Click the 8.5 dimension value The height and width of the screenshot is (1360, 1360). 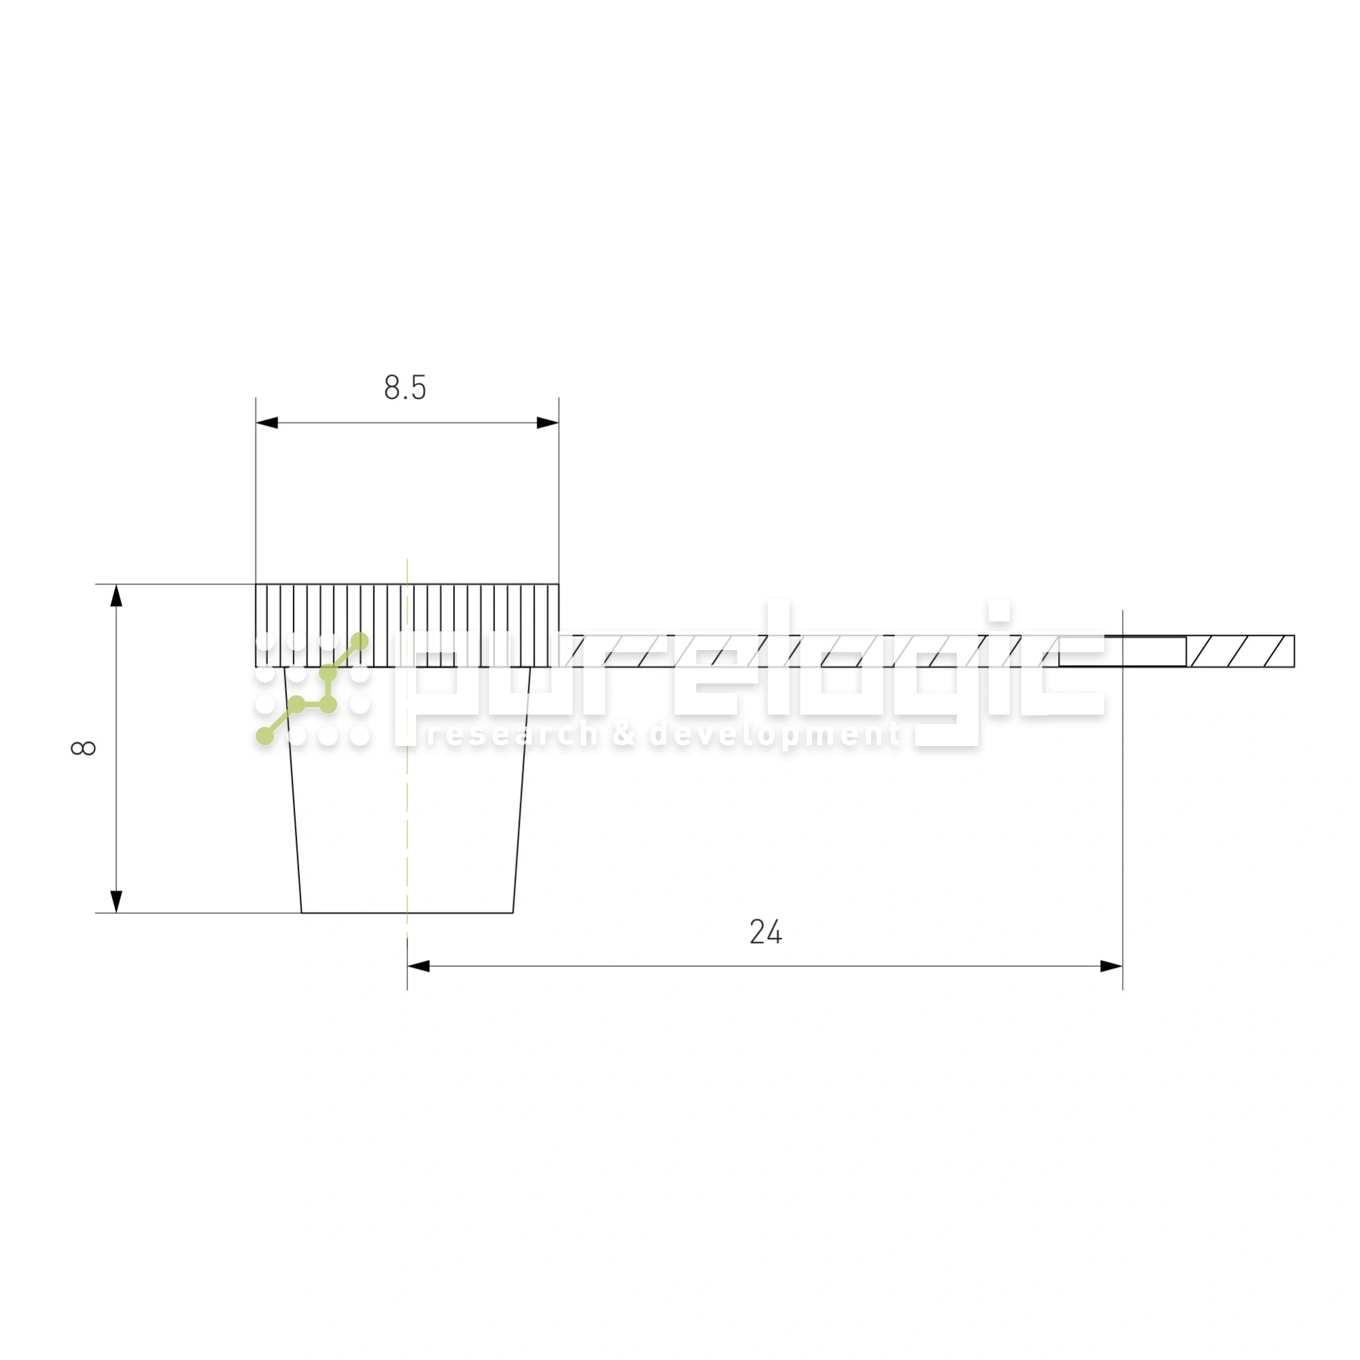point(405,388)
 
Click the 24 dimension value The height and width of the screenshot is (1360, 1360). point(765,932)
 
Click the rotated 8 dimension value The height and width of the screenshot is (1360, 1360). point(83,747)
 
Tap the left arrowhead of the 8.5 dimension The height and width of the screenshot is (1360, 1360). point(267,423)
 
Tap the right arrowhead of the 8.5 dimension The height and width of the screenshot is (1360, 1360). point(547,423)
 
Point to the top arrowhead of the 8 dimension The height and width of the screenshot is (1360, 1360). point(117,596)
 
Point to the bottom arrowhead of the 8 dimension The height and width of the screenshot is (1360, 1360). point(117,902)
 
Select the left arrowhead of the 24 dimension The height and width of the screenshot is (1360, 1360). point(419,966)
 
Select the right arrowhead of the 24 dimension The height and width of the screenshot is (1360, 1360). point(1111,966)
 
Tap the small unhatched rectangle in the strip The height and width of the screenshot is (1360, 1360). point(1122,651)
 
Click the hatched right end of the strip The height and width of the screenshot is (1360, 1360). point(1242,651)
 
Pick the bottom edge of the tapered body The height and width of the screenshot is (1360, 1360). point(407,913)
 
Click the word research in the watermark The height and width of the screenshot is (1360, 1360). point(512,735)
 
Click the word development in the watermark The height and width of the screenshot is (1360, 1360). point(775,735)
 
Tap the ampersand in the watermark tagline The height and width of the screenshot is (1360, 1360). point(623,735)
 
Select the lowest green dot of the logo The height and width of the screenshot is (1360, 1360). point(265,736)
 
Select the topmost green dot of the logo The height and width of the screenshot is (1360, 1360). point(360,641)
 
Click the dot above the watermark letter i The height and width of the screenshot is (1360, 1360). point(998,611)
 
